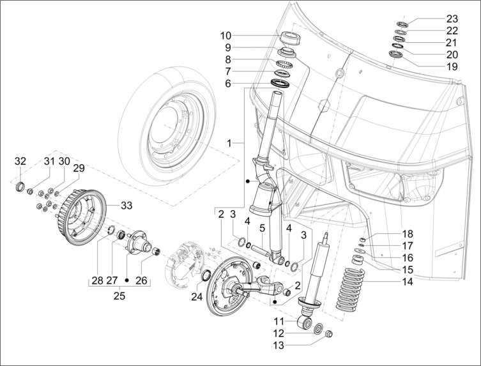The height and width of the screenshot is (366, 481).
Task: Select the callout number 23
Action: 452,18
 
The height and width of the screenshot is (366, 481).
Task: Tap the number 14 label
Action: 406,282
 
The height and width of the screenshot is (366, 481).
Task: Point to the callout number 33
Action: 126,206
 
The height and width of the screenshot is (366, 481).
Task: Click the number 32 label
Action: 21,160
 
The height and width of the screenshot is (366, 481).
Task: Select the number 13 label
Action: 279,346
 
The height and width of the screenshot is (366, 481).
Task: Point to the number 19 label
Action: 452,66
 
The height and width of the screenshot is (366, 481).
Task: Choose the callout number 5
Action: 262,228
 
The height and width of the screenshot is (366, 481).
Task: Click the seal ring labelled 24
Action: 206,275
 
